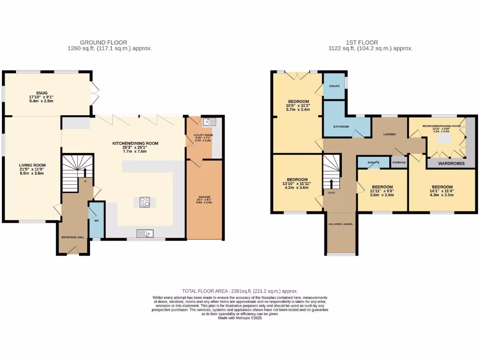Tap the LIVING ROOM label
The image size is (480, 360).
tap(32, 165)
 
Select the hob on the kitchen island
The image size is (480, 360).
tap(145, 202)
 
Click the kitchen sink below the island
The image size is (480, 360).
tap(145, 233)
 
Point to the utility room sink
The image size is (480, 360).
tap(209, 123)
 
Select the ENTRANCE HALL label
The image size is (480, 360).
tap(73, 237)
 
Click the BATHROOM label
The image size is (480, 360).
tap(341, 127)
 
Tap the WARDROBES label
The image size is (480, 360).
tap(451, 164)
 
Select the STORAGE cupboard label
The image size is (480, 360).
tap(399, 162)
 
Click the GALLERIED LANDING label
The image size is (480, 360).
tap(341, 224)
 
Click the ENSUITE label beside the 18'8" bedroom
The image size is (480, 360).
tap(334, 86)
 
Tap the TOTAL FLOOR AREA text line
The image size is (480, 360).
tap(240, 291)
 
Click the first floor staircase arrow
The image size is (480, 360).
tap(331, 183)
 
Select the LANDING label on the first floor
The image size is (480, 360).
tap(390, 135)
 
